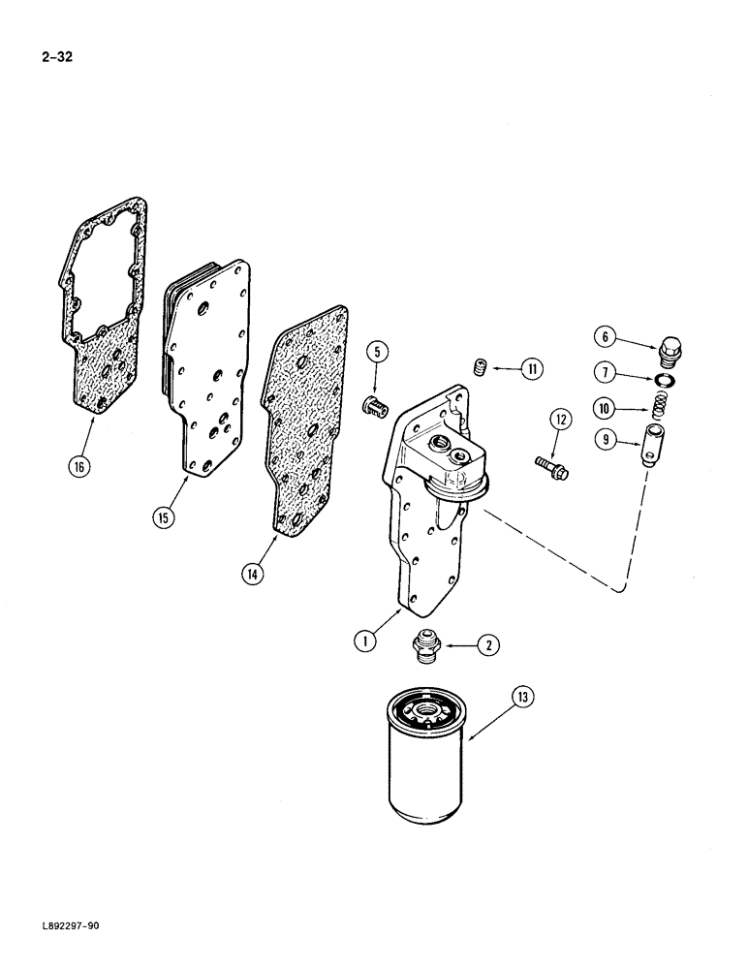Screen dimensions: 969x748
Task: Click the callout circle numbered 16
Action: (80, 467)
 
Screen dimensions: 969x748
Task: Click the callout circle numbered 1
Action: (366, 641)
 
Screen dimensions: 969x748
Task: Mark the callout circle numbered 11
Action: (532, 368)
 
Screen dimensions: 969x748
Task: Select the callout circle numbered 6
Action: (606, 337)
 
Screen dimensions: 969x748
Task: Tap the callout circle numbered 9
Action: (606, 439)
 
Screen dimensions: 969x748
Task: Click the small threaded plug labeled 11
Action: (478, 367)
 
